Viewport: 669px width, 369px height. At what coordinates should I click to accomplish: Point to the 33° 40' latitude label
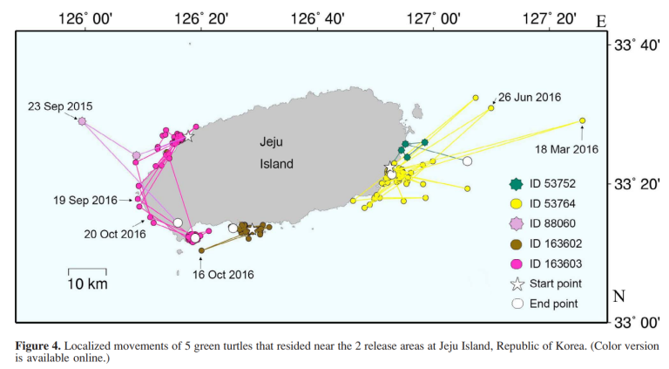[637, 44]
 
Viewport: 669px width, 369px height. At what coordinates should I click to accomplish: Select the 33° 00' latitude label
[637, 321]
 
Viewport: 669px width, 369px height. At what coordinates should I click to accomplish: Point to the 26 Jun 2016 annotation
[530, 96]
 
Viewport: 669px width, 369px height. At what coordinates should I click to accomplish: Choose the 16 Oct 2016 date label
[223, 275]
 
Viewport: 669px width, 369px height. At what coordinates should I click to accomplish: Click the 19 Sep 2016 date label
[84, 200]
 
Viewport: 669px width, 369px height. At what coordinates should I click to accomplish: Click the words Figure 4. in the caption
[39, 346]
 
